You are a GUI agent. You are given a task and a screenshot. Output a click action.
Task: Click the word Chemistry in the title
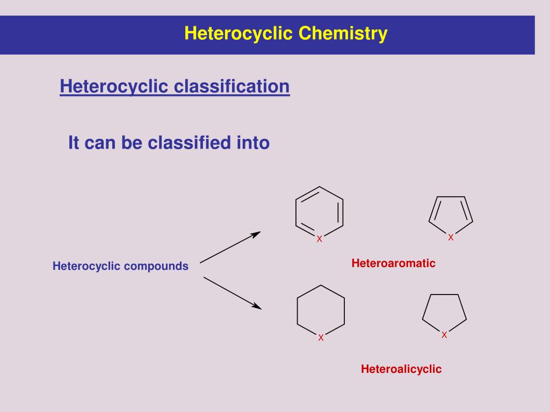coord(343,34)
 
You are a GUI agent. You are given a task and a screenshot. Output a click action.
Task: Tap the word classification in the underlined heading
coord(233,86)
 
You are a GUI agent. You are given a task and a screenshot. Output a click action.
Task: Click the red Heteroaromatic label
coord(393,263)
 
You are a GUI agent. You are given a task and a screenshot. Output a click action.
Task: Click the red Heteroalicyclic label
coord(401,369)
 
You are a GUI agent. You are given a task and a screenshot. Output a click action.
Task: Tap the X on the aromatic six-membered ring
coord(319,239)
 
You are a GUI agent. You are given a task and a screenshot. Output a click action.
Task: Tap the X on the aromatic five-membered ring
coord(451,237)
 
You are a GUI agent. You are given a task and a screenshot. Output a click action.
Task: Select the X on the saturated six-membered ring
coord(321,337)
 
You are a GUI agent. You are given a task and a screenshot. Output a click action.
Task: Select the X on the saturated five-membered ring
coord(444,335)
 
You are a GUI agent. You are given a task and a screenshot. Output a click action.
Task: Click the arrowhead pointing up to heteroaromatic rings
coord(257,233)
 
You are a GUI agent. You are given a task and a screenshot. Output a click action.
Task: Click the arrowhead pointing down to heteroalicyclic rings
coord(257,307)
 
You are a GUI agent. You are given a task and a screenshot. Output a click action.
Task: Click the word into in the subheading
coord(252,143)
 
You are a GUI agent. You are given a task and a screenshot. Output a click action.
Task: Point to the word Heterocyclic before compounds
coord(85,266)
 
